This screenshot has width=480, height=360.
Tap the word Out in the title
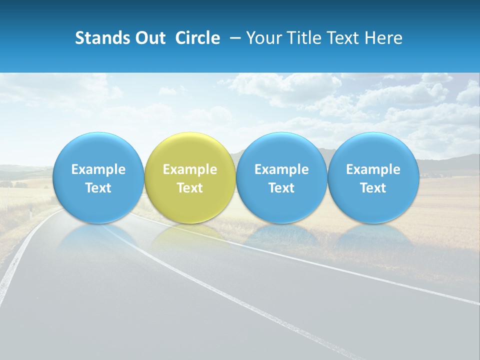148,38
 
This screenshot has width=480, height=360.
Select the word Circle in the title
197,38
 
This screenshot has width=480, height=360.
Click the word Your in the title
263,38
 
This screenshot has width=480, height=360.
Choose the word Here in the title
382,38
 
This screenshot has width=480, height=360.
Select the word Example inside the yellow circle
190,169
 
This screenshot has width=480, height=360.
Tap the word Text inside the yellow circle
190,188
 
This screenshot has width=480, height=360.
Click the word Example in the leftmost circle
98,169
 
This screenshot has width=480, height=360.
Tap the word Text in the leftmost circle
98,188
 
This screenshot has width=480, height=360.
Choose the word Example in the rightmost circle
373,169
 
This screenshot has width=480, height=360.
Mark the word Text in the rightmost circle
373,188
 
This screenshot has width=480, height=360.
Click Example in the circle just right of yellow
281,169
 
